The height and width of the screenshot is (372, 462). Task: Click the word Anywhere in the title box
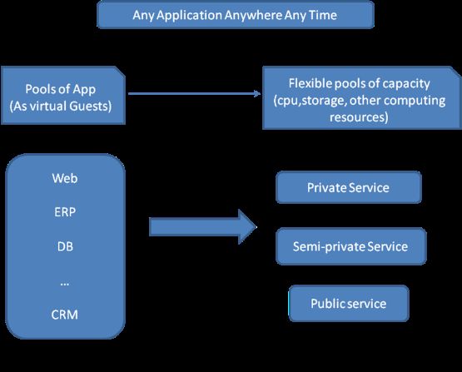(253, 15)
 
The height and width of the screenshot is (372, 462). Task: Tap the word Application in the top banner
(189, 16)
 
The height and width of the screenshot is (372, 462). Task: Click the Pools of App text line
(61, 90)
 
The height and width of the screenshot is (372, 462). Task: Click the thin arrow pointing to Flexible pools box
(195, 94)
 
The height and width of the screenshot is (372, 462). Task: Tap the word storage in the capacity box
(323, 101)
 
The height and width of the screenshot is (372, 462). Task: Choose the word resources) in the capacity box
(359, 117)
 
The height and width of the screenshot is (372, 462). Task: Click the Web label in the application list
(65, 178)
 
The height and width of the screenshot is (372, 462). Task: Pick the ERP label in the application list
(65, 212)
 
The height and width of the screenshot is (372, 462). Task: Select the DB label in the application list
(65, 246)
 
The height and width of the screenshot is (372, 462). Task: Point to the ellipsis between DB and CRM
(65, 285)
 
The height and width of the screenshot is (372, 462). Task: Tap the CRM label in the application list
(65, 315)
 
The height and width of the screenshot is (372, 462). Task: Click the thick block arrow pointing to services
(203, 227)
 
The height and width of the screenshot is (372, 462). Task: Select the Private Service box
(349, 187)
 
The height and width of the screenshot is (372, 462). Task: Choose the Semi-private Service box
(351, 246)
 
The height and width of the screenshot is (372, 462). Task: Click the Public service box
(349, 304)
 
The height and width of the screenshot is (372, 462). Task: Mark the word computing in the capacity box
(415, 101)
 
